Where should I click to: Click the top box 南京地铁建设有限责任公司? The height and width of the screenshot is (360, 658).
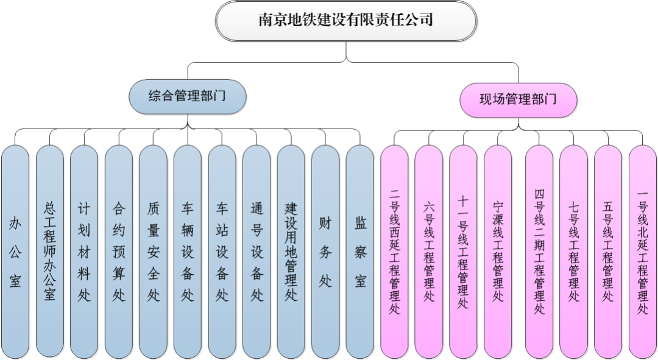tap(345, 21)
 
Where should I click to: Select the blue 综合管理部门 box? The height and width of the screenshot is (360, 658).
tap(187, 96)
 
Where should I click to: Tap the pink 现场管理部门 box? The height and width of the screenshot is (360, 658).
tap(518, 99)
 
